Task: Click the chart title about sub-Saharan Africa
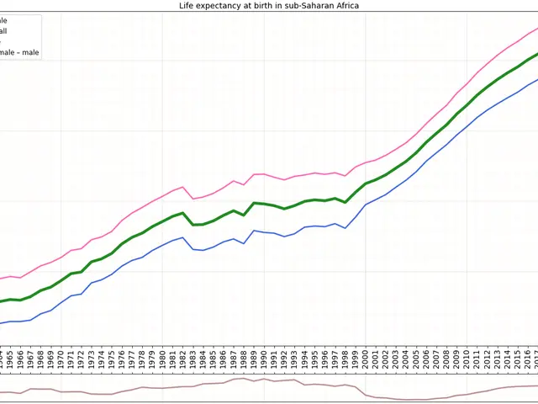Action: coord(269,5)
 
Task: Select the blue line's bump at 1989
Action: coord(254,230)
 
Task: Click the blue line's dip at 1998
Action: coord(345,228)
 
